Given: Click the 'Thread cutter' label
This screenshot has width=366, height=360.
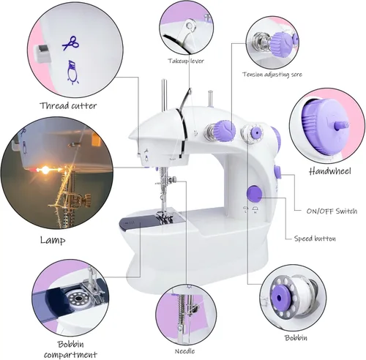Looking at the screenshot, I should [x=68, y=105].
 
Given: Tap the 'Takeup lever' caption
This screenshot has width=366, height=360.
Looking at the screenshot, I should [x=186, y=61].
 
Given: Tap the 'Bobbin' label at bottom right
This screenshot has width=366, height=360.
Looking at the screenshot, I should [x=296, y=337].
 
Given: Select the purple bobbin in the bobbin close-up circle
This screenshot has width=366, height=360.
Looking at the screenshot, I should [x=281, y=296].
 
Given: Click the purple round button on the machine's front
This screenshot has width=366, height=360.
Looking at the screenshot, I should [x=254, y=194].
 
